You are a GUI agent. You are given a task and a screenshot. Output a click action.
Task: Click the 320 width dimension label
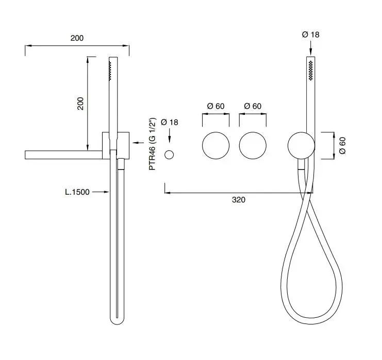(239, 200)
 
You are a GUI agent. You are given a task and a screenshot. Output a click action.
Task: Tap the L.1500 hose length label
(77, 192)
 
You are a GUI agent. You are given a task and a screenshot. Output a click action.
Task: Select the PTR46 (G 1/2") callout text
(152, 144)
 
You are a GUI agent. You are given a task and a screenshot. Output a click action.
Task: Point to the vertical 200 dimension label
(80, 104)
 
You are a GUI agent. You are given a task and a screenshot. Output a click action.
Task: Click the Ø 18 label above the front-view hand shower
(311, 35)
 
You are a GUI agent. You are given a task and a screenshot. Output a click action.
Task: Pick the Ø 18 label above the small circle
(170, 122)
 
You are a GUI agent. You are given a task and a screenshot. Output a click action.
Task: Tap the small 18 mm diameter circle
(169, 155)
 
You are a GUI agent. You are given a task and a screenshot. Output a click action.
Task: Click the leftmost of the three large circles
(215, 146)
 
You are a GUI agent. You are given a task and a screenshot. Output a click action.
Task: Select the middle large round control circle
(253, 146)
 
